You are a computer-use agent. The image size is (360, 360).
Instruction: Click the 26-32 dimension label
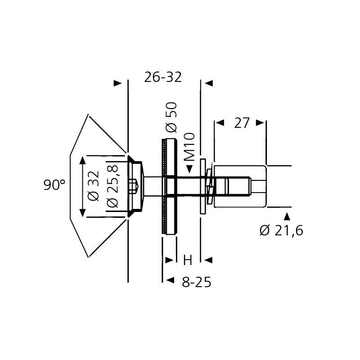[x=163, y=77]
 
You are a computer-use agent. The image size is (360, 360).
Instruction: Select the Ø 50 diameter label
[x=172, y=117]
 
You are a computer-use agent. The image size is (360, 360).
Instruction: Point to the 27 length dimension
[x=242, y=123]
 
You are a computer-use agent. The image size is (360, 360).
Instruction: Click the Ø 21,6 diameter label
[x=282, y=230]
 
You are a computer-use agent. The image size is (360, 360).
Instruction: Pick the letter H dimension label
[x=188, y=261]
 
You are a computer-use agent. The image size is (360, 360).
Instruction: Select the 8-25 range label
[x=196, y=282]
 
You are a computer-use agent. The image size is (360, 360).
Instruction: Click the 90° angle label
[x=54, y=185]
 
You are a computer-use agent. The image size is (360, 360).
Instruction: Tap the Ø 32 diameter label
[x=94, y=186]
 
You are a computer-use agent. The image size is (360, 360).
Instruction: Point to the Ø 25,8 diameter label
[x=112, y=186]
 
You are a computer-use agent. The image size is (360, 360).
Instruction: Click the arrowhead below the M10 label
[x=189, y=169]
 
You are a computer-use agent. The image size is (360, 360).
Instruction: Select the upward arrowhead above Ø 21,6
[x=287, y=217]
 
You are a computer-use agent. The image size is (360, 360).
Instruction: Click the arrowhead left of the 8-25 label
[x=170, y=280]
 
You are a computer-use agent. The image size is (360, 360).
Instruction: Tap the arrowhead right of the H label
[x=208, y=260]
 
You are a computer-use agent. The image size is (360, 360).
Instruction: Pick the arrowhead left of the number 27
[x=220, y=122]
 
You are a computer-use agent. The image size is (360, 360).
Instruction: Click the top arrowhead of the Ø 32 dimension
[x=82, y=160]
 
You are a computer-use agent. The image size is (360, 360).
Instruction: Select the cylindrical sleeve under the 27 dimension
[x=240, y=186]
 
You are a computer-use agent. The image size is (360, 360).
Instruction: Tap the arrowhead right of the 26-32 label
[x=209, y=83]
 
